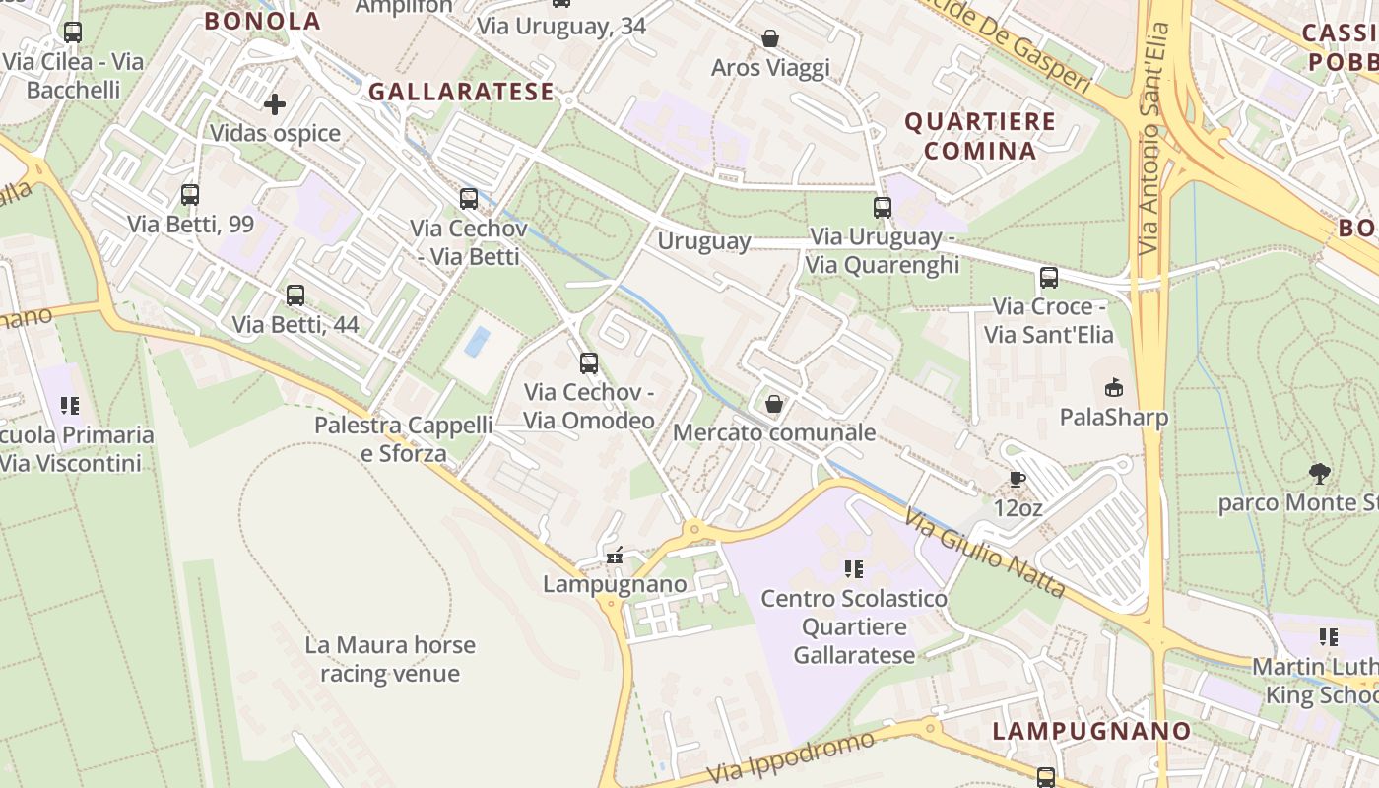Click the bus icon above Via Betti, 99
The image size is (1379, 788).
[x=190, y=194]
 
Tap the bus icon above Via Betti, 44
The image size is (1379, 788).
[x=295, y=295]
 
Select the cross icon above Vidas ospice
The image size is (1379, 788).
[x=275, y=103]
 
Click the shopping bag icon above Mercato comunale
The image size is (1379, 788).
[x=774, y=404]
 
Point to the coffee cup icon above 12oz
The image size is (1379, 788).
[x=1018, y=480]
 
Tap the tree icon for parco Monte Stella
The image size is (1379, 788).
[x=1319, y=474]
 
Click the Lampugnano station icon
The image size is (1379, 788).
[x=616, y=557]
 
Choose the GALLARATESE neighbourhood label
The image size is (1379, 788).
[x=461, y=92]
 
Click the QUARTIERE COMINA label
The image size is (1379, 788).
[x=979, y=136]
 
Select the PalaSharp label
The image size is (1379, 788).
[x=1114, y=417]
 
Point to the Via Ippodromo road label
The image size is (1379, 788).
[x=791, y=756]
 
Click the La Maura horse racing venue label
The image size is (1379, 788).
[x=390, y=659]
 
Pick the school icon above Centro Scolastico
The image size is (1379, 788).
[x=853, y=569]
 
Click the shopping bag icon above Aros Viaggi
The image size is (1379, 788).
[x=770, y=38]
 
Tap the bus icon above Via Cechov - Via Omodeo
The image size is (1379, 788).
[x=589, y=362]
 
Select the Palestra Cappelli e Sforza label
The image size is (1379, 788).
[x=403, y=439]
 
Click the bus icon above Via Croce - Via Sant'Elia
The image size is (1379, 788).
[x=1048, y=277]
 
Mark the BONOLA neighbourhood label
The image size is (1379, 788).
[x=262, y=21]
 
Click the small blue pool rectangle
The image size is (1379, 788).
[x=478, y=342]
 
